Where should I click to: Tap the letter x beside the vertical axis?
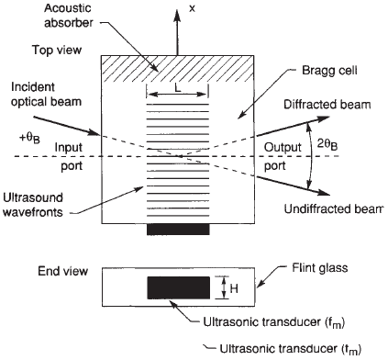[x=193, y=8]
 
